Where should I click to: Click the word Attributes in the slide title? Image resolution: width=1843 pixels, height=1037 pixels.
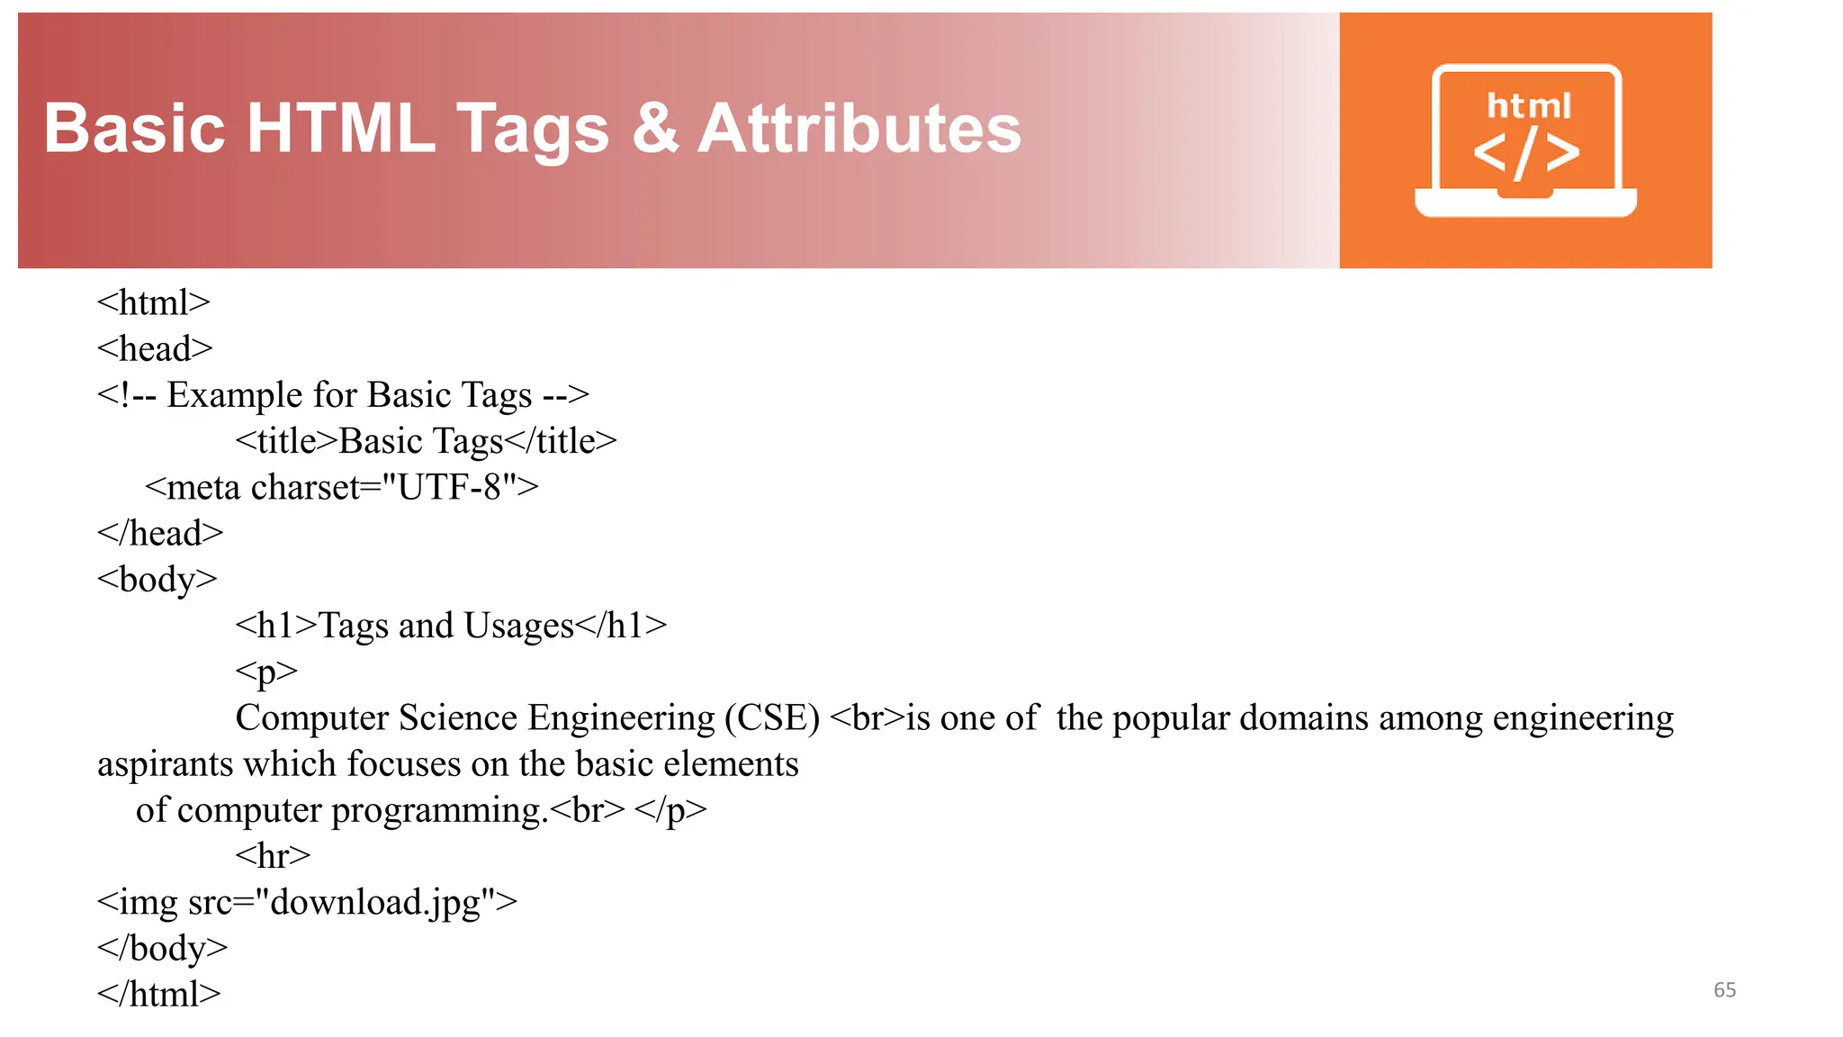859,129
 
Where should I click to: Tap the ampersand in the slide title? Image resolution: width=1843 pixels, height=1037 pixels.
655,129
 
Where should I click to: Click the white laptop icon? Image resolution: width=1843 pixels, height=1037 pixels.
1525,141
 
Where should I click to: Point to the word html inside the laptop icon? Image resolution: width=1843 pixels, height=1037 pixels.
1529,106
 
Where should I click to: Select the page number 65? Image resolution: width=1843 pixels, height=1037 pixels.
1724,990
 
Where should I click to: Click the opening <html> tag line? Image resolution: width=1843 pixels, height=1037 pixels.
154,302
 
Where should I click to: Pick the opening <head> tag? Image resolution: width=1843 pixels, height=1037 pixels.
155,348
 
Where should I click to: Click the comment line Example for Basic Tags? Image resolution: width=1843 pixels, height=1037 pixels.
343,395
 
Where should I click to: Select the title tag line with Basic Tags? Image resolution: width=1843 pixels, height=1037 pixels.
426,441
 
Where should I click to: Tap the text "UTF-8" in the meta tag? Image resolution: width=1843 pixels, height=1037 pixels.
449,487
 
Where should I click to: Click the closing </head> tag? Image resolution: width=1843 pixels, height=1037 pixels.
160,533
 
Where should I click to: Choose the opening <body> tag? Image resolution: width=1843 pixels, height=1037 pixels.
157,579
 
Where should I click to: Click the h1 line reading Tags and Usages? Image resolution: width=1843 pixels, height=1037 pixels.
451,626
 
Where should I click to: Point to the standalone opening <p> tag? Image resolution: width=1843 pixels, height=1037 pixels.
266,672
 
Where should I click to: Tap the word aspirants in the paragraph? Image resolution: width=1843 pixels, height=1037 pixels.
165,764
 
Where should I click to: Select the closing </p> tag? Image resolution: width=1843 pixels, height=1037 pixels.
670,810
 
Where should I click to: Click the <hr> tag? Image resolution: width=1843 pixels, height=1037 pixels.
273,855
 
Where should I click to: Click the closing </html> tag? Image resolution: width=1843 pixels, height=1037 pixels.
159,994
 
